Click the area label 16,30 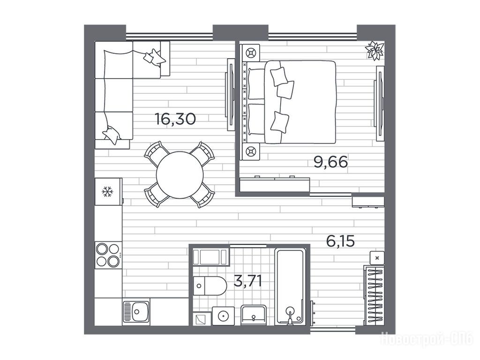click(x=175, y=119)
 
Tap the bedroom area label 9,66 click(x=330, y=162)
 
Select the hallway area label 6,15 click(x=340, y=241)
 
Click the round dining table click(x=180, y=175)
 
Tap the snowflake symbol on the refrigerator click(x=107, y=192)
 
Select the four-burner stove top click(x=108, y=255)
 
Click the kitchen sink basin click(x=136, y=312)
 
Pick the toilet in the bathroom click(x=210, y=286)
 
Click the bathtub click(x=290, y=286)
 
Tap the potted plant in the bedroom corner click(x=375, y=50)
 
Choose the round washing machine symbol click(x=223, y=315)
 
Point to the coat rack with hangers click(x=374, y=295)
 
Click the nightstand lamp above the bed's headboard click(x=251, y=52)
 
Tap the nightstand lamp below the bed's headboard click(x=251, y=151)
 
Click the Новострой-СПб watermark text click(x=427, y=339)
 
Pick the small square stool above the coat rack click(x=377, y=258)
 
